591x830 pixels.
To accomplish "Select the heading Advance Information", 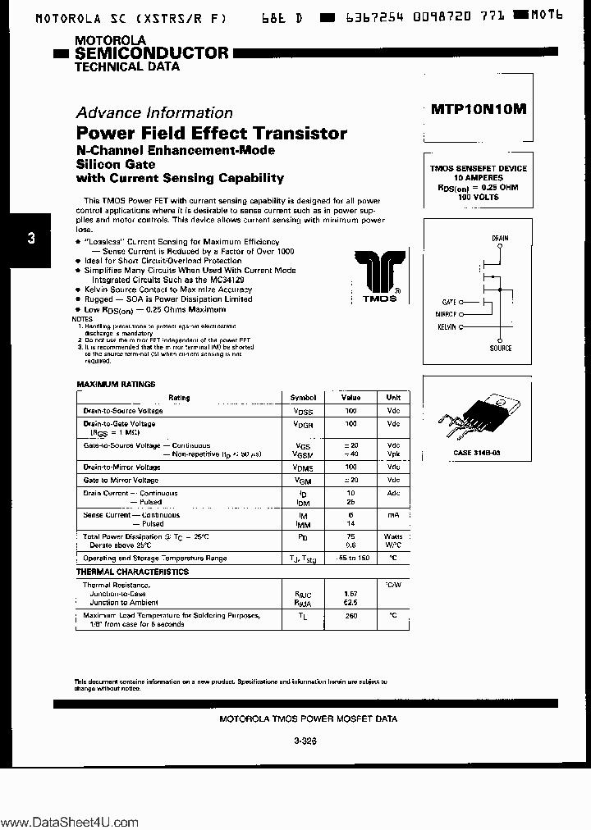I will (x=154, y=113).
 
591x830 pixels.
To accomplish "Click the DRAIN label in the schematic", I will (x=500, y=239).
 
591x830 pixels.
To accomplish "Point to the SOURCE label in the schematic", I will (x=500, y=348).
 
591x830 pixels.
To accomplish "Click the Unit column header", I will (x=393, y=397).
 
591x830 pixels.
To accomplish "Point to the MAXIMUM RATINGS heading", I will (x=116, y=384).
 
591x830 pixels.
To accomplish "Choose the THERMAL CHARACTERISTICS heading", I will (x=132, y=572).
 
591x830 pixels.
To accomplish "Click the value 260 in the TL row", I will (x=351, y=614).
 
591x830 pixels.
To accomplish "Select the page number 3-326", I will (x=305, y=740).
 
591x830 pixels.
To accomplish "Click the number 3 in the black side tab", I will (x=31, y=239).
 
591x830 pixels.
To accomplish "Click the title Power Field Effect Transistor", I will (x=212, y=134).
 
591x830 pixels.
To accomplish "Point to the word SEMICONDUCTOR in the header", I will (x=152, y=53).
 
